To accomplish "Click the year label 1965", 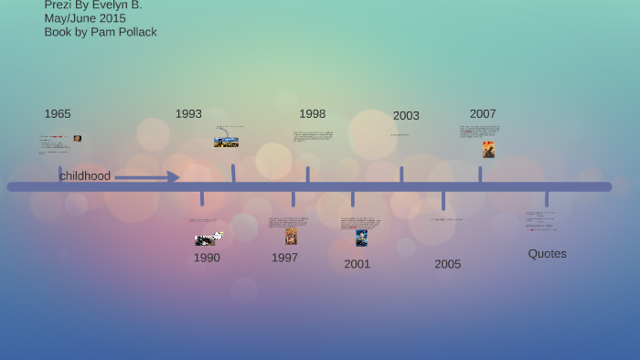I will coord(58,114).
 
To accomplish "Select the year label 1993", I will coord(188,114).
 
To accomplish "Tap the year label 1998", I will coord(312,114).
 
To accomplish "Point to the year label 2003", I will coord(406,116).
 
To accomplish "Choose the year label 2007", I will coord(483,114).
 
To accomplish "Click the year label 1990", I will coord(207,258).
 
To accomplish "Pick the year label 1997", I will coord(284,258).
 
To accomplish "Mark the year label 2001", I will coord(357,264).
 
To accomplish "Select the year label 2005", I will coord(448,264).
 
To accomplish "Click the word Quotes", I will coord(547,254).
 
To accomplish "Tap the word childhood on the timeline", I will coord(85,176).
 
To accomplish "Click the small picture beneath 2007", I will coord(488,149).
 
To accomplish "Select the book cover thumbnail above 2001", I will coord(361,238).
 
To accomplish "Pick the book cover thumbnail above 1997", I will coord(291,237).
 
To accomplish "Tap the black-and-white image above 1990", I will coord(208,239).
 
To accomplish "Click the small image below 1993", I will coord(226,143).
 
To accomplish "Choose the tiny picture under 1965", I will coord(78,139).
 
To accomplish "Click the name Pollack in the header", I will coord(136,32).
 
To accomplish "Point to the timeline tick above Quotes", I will coord(547,198).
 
